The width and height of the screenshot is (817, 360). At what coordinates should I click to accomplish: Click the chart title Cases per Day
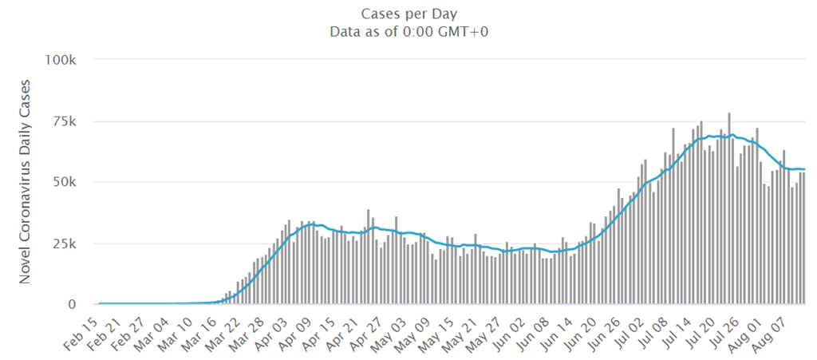coord(408,14)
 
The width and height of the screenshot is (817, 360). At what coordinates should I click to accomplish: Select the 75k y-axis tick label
coord(63,121)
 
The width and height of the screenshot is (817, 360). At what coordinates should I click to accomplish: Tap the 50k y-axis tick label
coord(63,183)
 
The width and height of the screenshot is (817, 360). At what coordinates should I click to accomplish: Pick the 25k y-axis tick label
coord(63,243)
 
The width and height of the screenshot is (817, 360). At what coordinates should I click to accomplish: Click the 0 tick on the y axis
coord(71,305)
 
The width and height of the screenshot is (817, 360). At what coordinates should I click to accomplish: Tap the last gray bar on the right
coord(803,239)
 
